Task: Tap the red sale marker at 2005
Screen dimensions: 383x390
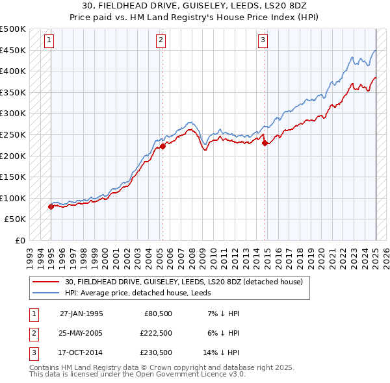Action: click(162, 146)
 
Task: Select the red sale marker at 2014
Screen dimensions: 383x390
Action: click(265, 143)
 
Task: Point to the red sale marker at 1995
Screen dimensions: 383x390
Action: click(51, 206)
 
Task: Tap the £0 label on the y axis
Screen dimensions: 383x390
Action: click(19, 240)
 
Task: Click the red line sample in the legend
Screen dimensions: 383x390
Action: click(46, 282)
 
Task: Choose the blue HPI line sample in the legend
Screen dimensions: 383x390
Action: click(46, 292)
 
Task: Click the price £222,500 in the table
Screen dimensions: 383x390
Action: click(155, 332)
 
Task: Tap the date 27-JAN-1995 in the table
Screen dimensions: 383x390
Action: click(81, 313)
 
